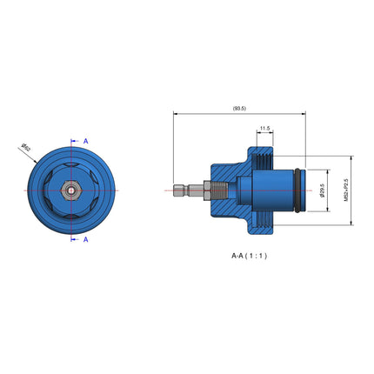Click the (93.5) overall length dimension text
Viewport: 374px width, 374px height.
[x=239, y=108]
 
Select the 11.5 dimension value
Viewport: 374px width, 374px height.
[x=264, y=129]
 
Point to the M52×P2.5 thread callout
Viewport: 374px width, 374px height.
[x=346, y=190]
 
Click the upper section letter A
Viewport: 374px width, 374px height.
[x=85, y=140]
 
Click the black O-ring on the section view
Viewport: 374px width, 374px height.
[x=301, y=190]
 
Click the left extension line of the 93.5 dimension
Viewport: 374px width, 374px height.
[x=173, y=148]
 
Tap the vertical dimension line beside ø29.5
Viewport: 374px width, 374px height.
[x=329, y=190]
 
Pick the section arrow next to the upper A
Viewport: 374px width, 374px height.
[x=75, y=140]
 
